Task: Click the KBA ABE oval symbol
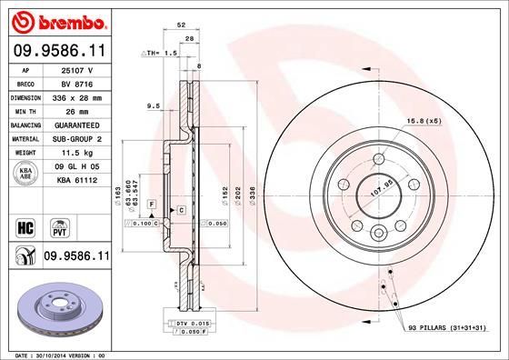coord(26,173)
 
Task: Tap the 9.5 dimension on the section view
coord(154,106)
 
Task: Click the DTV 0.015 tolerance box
coord(189,323)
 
